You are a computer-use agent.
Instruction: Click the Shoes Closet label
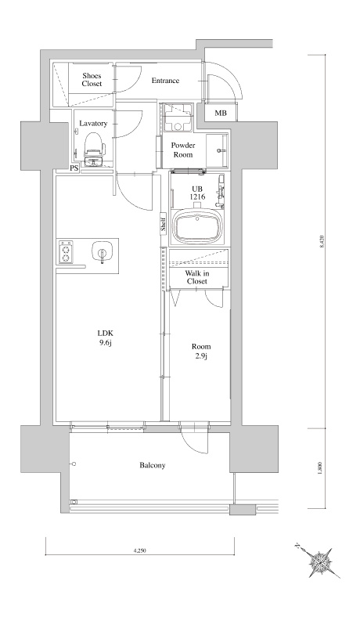click(x=92, y=80)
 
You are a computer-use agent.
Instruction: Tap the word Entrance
click(x=165, y=81)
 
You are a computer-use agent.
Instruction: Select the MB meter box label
click(x=221, y=114)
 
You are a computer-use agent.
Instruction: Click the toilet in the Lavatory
click(x=94, y=148)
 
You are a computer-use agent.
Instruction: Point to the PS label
click(x=74, y=168)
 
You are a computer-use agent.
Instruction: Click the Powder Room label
click(x=183, y=150)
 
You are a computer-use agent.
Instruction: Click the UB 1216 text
click(x=196, y=193)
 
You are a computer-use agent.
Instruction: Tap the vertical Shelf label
click(x=164, y=224)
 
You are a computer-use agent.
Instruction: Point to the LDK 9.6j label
click(x=106, y=337)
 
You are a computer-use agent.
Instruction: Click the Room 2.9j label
click(x=201, y=351)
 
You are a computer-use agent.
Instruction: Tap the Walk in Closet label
click(x=196, y=277)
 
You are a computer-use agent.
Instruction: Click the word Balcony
click(x=153, y=465)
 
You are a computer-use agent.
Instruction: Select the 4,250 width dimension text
click(x=140, y=551)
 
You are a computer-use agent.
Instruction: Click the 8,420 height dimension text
click(x=322, y=241)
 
